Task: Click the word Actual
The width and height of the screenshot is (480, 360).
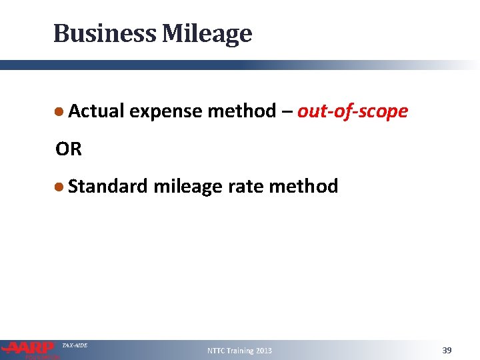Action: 96,111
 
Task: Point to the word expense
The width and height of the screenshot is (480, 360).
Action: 166,111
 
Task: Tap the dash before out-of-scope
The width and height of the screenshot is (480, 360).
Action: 285,111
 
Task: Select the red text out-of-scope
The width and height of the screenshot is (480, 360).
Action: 353,111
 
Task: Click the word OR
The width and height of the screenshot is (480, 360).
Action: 69,149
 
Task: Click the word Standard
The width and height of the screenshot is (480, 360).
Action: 107,186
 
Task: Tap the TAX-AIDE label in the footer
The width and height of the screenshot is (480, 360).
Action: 75,345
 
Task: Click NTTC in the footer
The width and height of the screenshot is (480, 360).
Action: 217,351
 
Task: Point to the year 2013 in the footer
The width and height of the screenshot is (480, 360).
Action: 264,351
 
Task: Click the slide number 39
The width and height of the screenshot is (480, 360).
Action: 447,350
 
